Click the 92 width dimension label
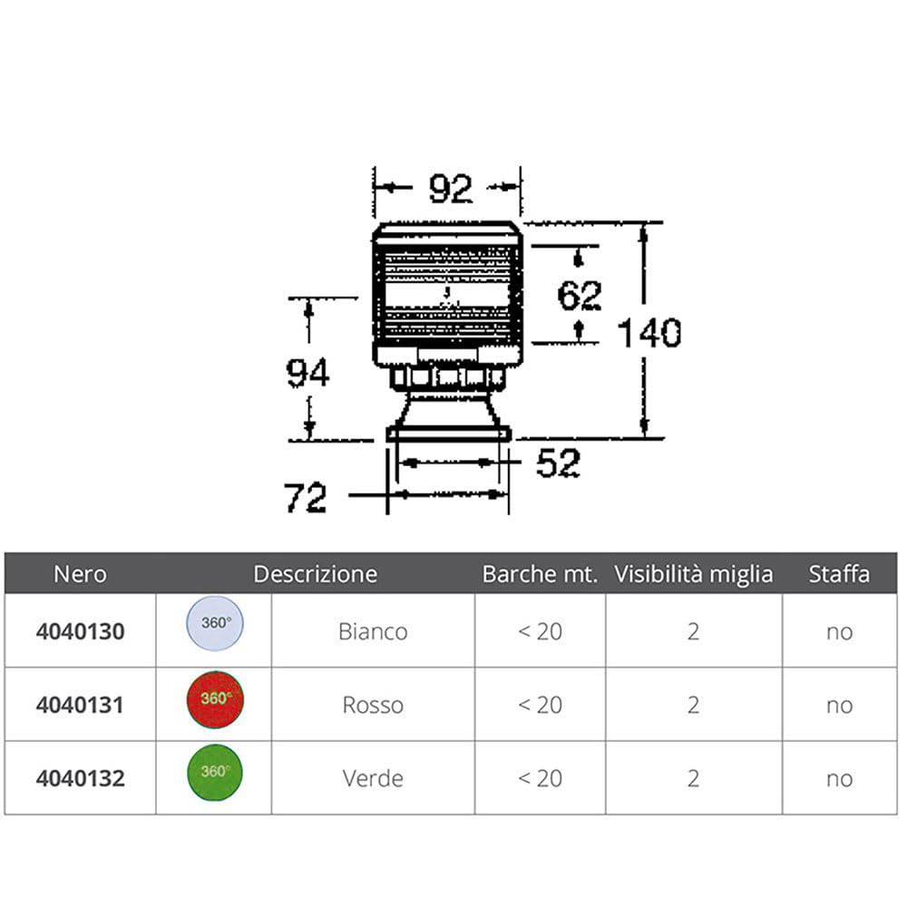[x=450, y=189]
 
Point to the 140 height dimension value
[x=649, y=334]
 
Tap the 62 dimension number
[x=580, y=296]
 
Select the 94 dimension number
[x=307, y=373]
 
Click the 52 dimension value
[x=558, y=464]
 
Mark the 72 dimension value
[x=305, y=498]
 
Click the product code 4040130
[x=81, y=631]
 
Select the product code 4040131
[x=81, y=705]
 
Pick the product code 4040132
[x=81, y=778]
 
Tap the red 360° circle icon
[x=214, y=701]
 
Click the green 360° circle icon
[x=214, y=773]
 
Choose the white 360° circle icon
[x=214, y=627]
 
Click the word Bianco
[x=373, y=631]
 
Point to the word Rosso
[x=373, y=705]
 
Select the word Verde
[x=373, y=778]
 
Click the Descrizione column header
[x=315, y=574]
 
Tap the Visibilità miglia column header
[x=694, y=574]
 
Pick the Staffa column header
[x=839, y=574]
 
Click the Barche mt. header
[x=540, y=574]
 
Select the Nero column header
[x=80, y=574]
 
